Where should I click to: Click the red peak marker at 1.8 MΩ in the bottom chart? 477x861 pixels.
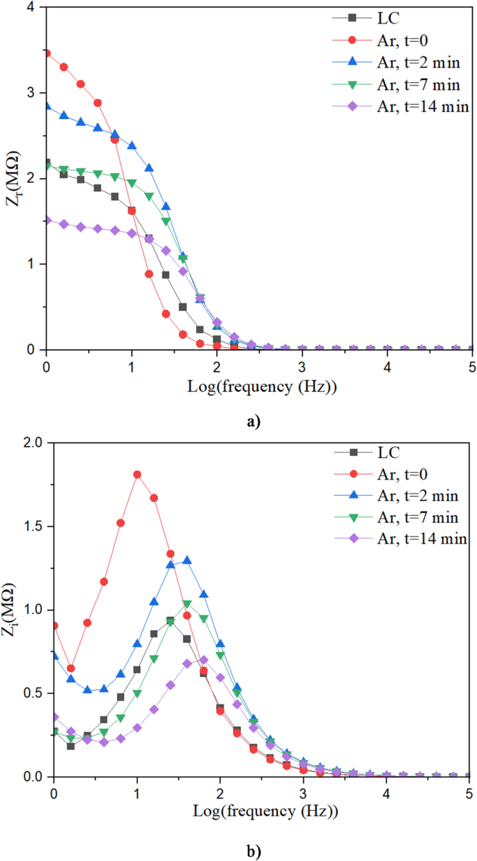[x=137, y=475]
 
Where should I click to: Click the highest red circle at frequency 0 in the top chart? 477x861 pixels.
[x=47, y=53]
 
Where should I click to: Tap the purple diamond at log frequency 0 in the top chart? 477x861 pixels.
[x=47, y=220]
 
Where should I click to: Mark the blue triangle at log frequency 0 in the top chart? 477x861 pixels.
[x=47, y=106]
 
